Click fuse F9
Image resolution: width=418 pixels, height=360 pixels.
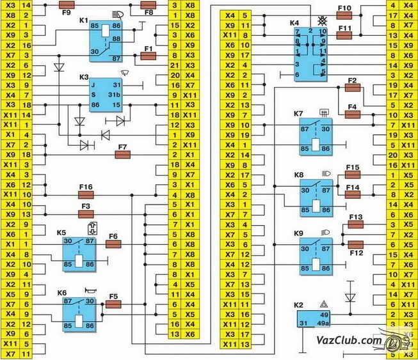(x=67, y=4)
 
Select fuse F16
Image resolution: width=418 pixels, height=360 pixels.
(x=86, y=194)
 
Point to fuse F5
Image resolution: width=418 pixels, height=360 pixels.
(x=113, y=304)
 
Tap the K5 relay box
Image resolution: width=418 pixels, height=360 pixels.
(x=79, y=253)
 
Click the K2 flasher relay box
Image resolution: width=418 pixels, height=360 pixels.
(x=313, y=318)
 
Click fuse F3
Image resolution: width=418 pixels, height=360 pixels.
(x=86, y=214)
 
